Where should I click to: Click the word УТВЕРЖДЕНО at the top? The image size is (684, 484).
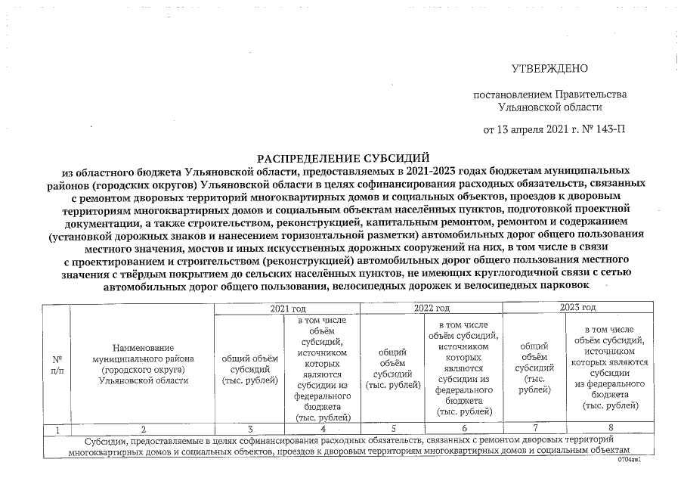pos(549,69)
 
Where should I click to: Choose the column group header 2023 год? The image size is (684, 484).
pos(577,308)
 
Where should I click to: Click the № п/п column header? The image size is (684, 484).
pos(56,366)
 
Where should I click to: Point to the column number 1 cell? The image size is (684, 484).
pos(56,429)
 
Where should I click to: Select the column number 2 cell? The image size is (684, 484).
pos(141,429)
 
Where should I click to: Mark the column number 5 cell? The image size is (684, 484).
pos(392,429)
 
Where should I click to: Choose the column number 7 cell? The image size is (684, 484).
pos(535,429)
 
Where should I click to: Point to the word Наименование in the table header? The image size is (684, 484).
pos(142,346)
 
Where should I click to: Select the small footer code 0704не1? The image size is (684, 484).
pos(629,459)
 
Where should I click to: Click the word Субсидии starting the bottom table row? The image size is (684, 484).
pos(105,439)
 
